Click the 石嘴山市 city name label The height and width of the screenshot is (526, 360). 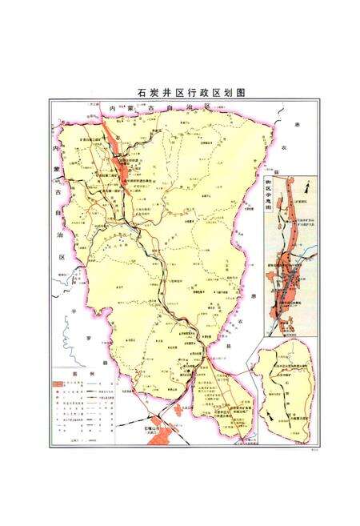(148, 430)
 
